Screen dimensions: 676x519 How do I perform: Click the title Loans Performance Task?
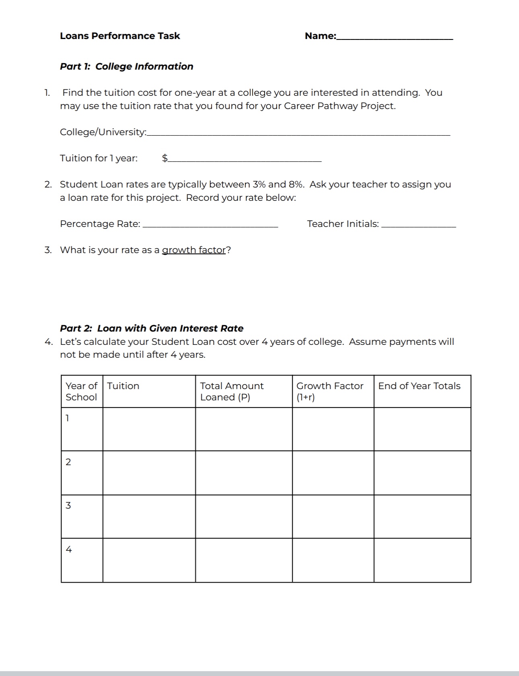120,36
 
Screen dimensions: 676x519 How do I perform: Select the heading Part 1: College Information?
126,66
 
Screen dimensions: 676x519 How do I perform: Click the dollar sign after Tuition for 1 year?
165,158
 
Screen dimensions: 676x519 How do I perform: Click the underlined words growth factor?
194,250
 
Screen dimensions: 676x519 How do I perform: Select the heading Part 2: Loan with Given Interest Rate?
151,328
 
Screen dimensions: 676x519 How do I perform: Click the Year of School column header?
82,392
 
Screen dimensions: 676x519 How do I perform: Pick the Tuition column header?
123,386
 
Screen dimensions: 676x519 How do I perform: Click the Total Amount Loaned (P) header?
232,392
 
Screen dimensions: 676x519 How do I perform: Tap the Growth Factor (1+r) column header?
330,392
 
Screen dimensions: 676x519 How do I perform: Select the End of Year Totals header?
419,386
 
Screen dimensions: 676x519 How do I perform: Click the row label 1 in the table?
68,418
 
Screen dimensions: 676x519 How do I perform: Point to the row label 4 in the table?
68,549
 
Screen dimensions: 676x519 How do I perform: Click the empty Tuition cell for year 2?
149,473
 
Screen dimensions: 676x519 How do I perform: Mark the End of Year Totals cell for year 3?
422,517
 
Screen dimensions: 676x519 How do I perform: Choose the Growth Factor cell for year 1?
333,429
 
